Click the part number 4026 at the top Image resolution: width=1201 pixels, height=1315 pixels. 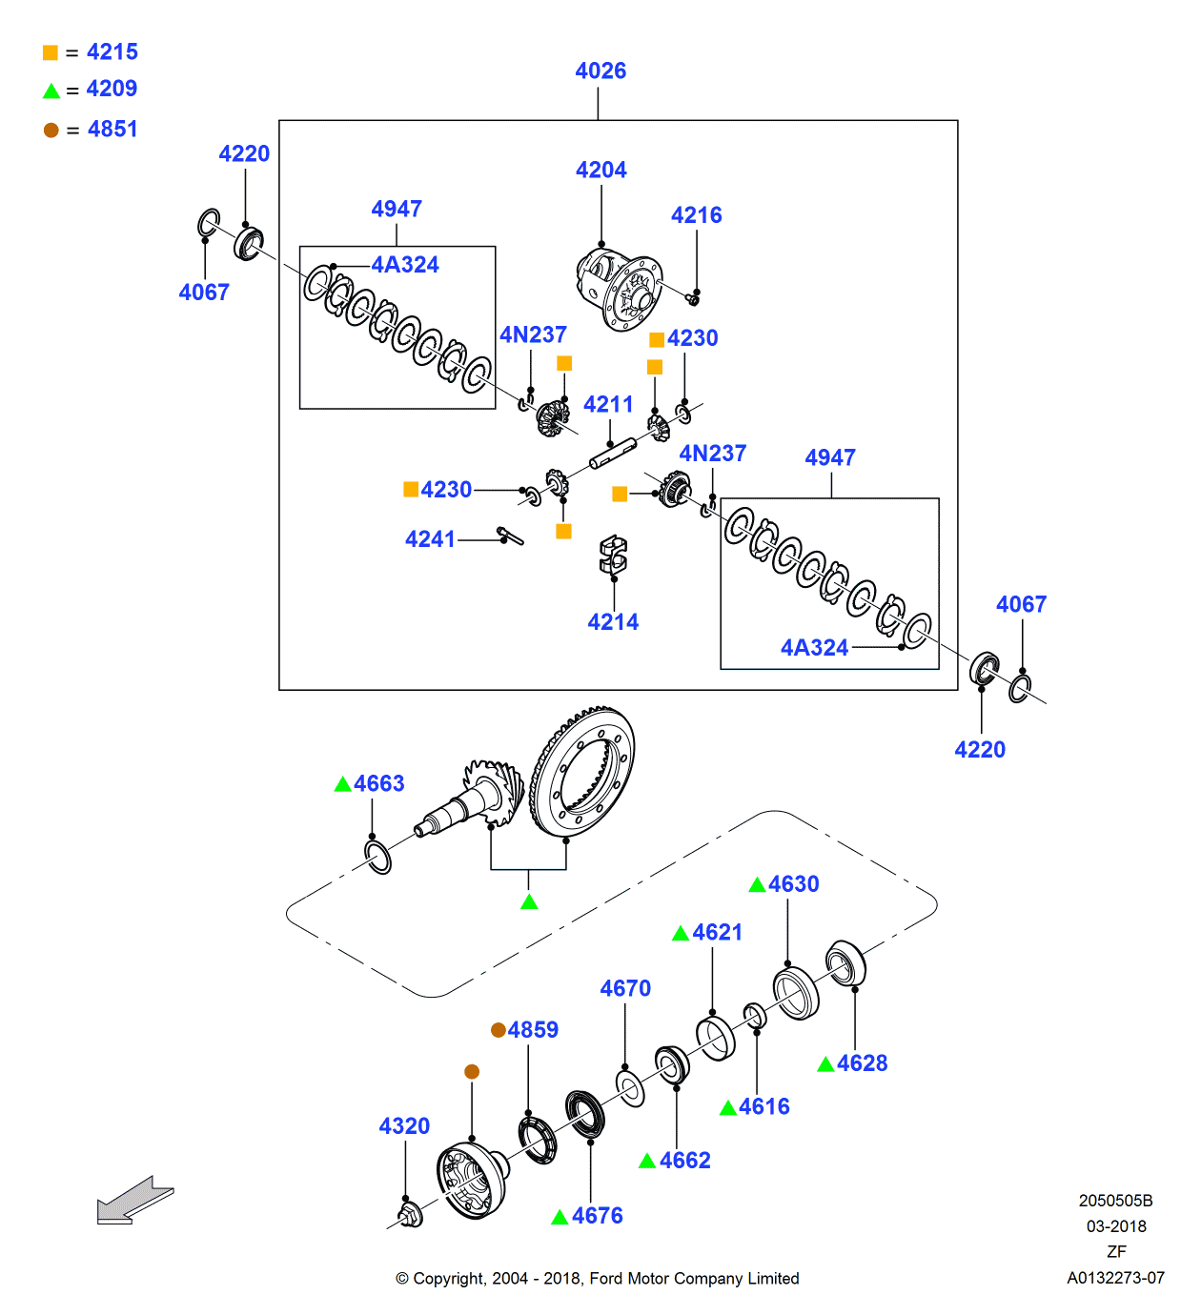tap(600, 71)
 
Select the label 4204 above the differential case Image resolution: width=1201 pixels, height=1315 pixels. tap(600, 170)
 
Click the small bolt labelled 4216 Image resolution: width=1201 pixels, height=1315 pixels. tap(693, 299)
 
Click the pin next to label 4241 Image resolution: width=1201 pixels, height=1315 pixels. tap(510, 536)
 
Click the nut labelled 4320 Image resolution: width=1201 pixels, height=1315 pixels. tap(410, 1214)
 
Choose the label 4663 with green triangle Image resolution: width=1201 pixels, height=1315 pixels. tap(378, 783)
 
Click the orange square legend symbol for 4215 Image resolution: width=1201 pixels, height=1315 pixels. tap(51, 52)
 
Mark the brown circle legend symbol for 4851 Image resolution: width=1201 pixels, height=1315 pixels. tap(51, 130)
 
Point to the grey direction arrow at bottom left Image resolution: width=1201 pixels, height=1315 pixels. tap(134, 1201)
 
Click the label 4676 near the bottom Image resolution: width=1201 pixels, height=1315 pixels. tap(597, 1216)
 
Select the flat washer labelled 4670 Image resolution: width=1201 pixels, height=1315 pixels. tap(630, 1088)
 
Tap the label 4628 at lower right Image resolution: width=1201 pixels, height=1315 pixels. tap(862, 1063)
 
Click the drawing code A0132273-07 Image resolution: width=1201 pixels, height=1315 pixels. tap(1115, 1278)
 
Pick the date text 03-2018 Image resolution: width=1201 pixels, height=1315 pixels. tap(1116, 1226)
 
